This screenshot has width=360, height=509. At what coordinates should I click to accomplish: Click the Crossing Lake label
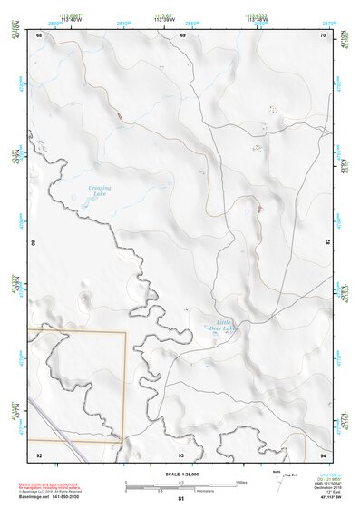[x=99, y=191]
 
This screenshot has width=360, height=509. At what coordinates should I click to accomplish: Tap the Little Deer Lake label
[x=224, y=325]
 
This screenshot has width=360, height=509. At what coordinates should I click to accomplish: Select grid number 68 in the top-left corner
[x=39, y=35]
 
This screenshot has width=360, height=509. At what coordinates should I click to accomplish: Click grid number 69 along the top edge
[x=182, y=35]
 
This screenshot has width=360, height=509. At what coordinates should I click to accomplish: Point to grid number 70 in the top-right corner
[x=323, y=35]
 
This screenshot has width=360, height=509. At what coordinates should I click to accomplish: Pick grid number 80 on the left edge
[x=35, y=243]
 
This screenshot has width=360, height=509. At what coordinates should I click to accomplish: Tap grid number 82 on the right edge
[x=327, y=243]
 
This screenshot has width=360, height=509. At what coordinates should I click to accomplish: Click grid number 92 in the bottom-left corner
[x=39, y=454]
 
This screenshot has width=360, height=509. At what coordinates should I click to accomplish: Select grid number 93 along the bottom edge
[x=181, y=454]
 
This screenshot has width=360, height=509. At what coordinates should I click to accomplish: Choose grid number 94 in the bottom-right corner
[x=323, y=454]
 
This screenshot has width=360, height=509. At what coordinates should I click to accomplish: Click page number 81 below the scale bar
[x=181, y=499]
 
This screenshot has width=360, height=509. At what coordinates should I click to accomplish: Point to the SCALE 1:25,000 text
[x=181, y=474]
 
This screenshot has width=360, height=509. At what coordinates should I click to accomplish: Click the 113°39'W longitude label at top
[x=164, y=19]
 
